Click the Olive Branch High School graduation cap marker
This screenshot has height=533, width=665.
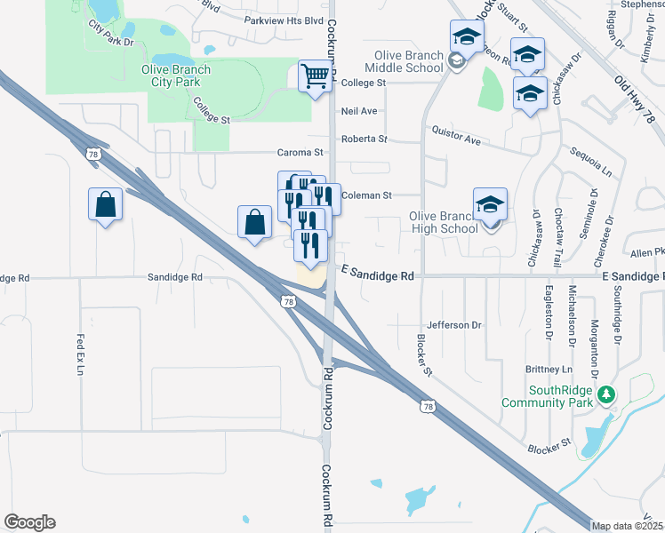490,205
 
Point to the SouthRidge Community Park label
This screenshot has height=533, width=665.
547,396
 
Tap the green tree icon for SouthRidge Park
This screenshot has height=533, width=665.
605,393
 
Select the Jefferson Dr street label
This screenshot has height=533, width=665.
453,325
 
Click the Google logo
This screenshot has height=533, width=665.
29,522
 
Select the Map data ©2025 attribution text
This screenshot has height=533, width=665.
628,526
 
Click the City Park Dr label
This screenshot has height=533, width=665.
111,36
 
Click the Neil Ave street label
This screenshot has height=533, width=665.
359,111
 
